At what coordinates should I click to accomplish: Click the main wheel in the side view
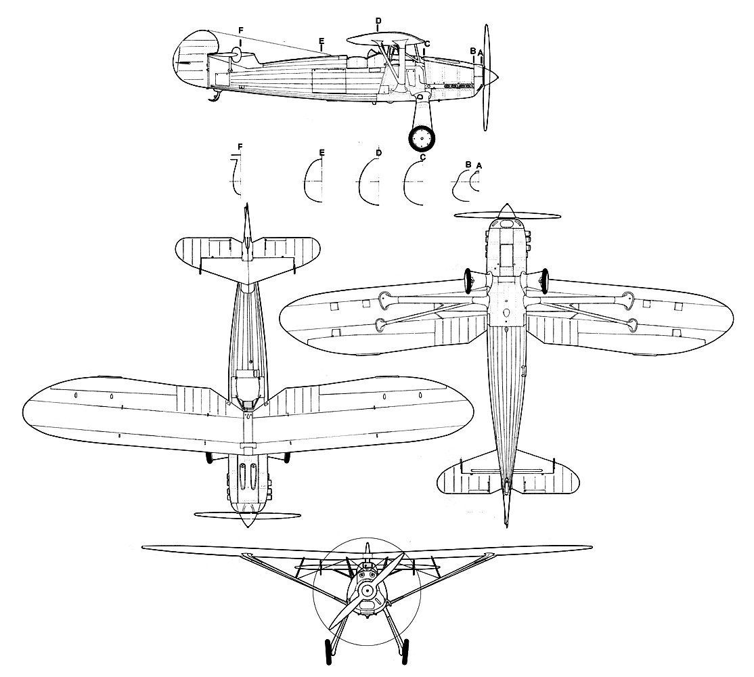tap(422, 139)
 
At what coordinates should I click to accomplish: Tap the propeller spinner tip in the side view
tap(499, 77)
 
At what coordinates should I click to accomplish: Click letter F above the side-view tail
tap(240, 30)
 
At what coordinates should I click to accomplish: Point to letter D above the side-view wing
tap(378, 21)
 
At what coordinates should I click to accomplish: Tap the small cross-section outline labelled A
tap(472, 181)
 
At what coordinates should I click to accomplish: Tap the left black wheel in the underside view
tap(468, 281)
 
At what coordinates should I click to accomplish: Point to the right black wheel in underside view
tap(545, 280)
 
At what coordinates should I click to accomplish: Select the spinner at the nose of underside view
tap(506, 211)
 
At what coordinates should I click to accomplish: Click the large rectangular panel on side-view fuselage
tap(330, 81)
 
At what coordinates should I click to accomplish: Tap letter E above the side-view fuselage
tap(321, 41)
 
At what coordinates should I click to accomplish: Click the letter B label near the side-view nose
tap(472, 51)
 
